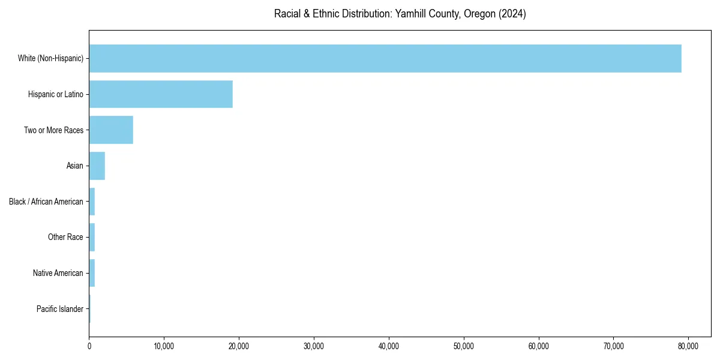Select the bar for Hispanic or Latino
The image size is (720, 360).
pyautogui.click(x=161, y=94)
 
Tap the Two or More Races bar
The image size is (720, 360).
pyautogui.click(x=111, y=130)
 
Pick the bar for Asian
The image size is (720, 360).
pyautogui.click(x=97, y=166)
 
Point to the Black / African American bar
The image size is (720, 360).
pyautogui.click(x=92, y=202)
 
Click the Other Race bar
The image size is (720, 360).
pyautogui.click(x=92, y=237)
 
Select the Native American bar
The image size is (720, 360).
pyautogui.click(x=92, y=273)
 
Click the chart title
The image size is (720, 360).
pyautogui.click(x=400, y=14)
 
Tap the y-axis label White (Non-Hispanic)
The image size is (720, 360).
pyautogui.click(x=50, y=58)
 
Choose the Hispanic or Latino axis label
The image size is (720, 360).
pyautogui.click(x=56, y=94)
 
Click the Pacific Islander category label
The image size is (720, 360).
pyautogui.click(x=60, y=309)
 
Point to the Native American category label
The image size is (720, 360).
pyautogui.click(x=58, y=273)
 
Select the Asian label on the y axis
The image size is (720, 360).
pyautogui.click(x=75, y=166)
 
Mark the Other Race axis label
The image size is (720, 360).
pyautogui.click(x=65, y=237)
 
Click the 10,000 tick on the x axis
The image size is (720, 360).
pyautogui.click(x=164, y=346)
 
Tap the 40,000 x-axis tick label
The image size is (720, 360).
pyautogui.click(x=389, y=346)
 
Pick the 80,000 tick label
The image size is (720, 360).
pyautogui.click(x=688, y=346)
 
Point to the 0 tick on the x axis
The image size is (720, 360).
pyautogui.click(x=89, y=346)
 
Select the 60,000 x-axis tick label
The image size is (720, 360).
pyautogui.click(x=539, y=346)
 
